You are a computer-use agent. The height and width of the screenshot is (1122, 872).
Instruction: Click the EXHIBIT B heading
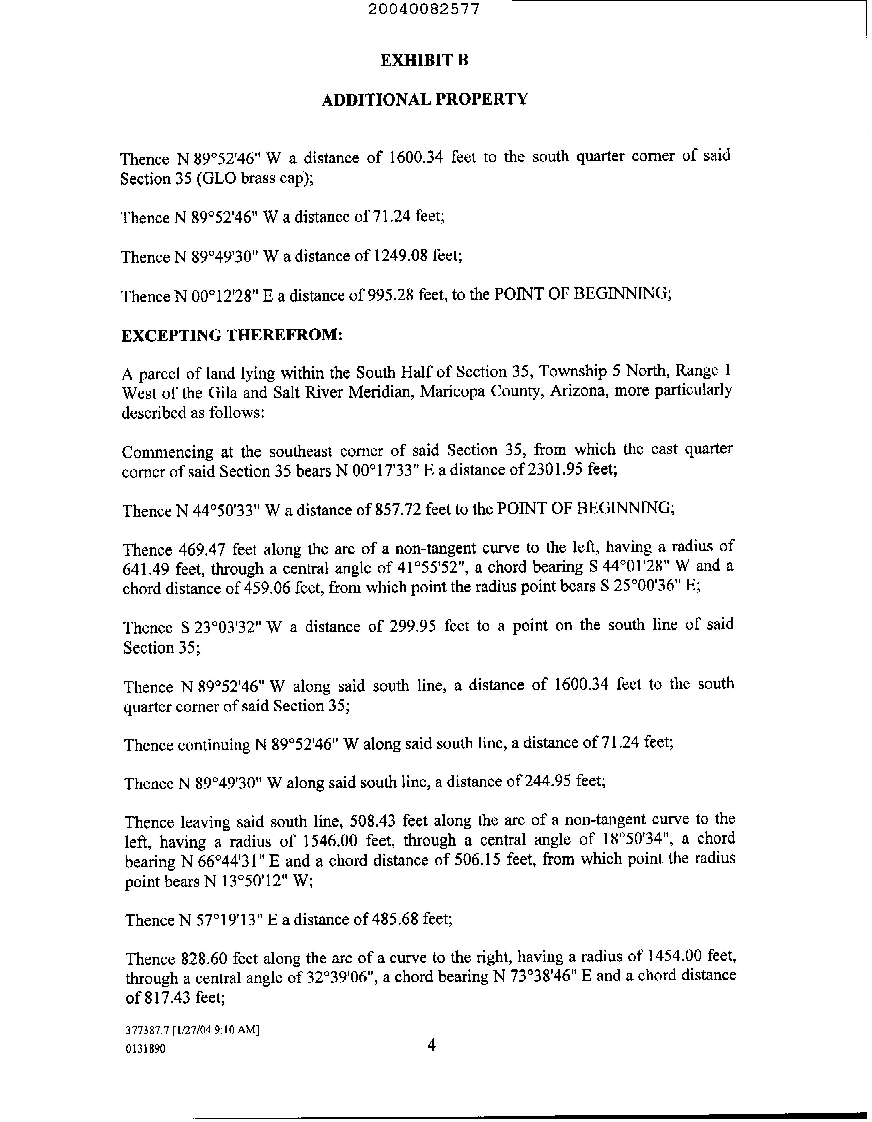click(424, 61)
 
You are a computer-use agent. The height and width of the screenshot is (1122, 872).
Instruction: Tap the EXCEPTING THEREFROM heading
click(232, 335)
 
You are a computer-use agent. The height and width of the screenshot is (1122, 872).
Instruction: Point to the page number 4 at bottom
click(431, 1045)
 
